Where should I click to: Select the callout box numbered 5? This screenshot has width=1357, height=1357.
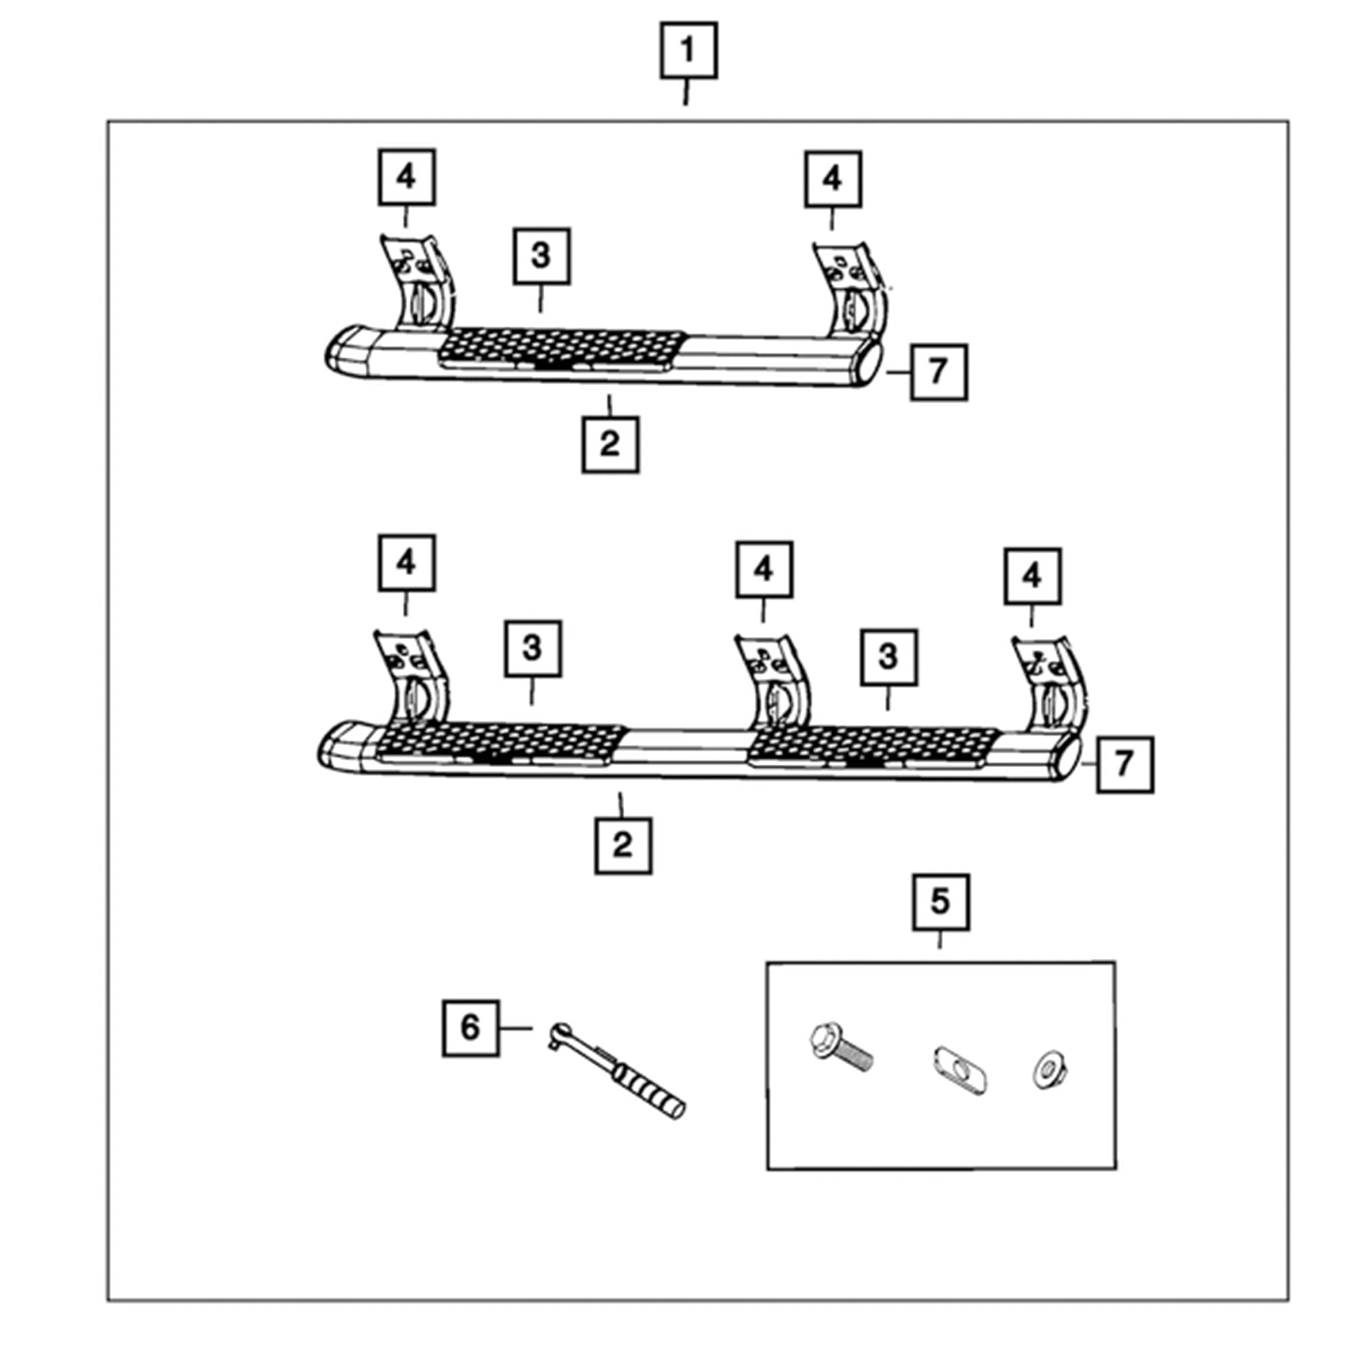point(940,902)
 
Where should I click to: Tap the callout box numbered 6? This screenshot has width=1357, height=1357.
point(471,1029)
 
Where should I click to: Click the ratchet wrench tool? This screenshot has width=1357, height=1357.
point(616,1071)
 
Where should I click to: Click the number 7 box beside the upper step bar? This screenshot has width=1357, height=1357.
point(938,372)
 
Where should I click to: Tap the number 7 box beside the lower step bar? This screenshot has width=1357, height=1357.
point(1124,764)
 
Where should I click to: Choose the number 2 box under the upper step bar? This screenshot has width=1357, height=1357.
point(611,444)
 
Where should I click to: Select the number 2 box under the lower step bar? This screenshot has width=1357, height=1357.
point(623,845)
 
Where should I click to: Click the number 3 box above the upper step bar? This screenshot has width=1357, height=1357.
point(541,256)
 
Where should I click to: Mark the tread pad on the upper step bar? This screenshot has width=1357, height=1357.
point(562,349)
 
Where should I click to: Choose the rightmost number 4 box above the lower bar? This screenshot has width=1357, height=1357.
point(1033,576)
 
